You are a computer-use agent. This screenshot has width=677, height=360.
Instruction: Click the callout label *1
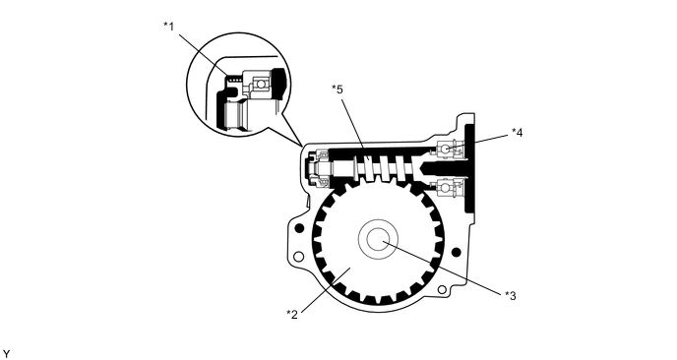pos(169,27)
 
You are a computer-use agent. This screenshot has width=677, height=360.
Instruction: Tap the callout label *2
pos(292,314)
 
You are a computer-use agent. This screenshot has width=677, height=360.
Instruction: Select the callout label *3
pos(511,296)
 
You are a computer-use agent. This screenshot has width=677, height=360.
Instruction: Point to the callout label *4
pos(518,133)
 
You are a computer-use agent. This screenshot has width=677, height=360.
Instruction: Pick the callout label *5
pos(338,90)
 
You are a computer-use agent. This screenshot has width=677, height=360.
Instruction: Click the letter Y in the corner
pos(6,354)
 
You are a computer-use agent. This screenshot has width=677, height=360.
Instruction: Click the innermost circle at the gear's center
pos(378,239)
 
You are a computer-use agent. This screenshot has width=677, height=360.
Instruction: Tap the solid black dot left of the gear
pos(298,228)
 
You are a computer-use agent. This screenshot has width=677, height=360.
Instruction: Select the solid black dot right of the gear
pos(456,252)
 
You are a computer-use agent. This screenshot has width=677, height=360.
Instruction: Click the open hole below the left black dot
pos(298,257)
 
